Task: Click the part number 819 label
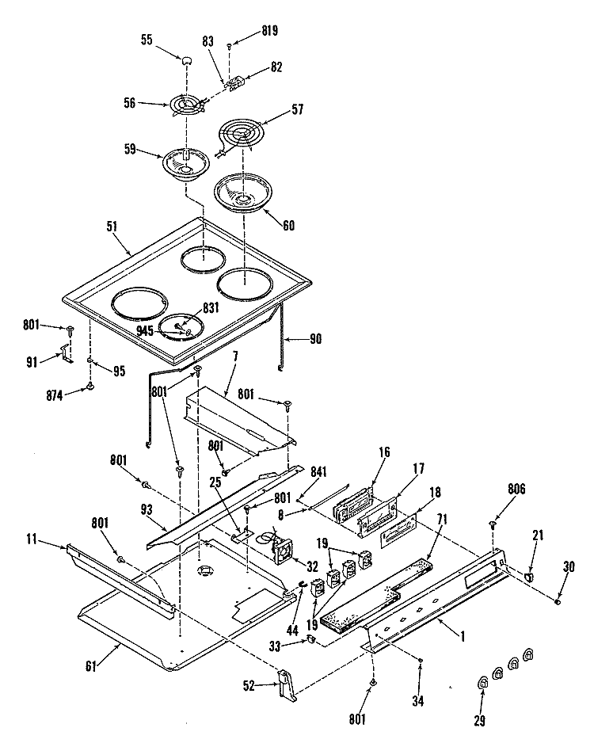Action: click(x=269, y=31)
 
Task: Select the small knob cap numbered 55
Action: click(x=186, y=59)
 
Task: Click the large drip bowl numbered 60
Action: click(x=243, y=191)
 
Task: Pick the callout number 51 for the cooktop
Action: click(x=112, y=226)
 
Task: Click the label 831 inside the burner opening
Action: click(x=211, y=308)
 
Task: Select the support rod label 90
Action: click(x=316, y=339)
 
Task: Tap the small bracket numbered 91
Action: click(x=67, y=354)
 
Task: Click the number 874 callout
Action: click(x=55, y=396)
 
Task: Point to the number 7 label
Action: click(x=235, y=356)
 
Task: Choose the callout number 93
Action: click(x=147, y=510)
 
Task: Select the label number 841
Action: click(x=318, y=471)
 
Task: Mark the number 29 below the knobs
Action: click(x=480, y=720)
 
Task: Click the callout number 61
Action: click(x=91, y=666)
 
